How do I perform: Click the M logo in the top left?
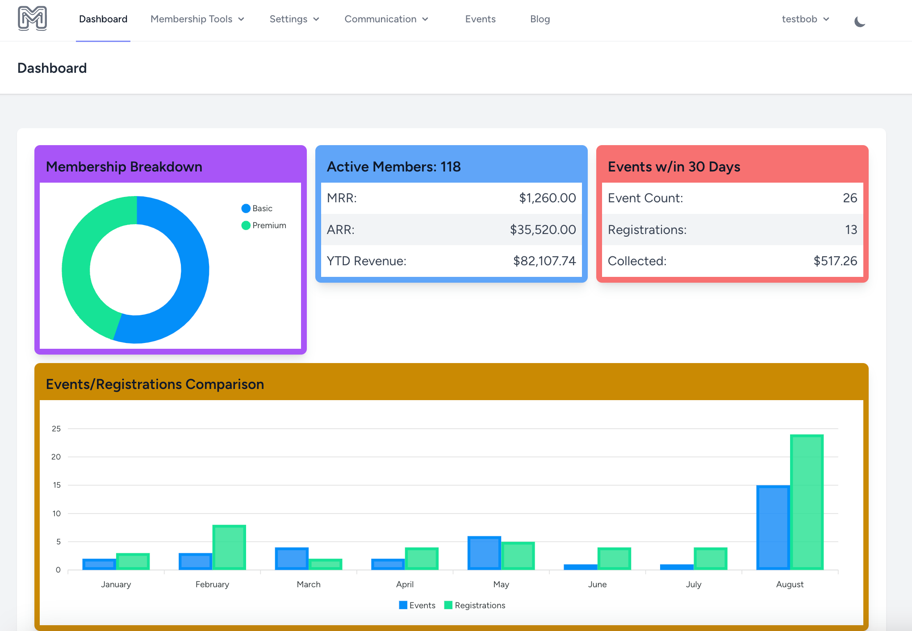click(32, 19)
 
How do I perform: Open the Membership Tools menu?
click(197, 19)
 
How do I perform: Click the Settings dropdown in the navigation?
click(294, 19)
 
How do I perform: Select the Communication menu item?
click(386, 19)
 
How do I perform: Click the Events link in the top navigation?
click(480, 19)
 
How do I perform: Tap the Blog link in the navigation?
click(540, 19)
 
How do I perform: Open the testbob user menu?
click(805, 19)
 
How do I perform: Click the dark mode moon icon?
click(859, 21)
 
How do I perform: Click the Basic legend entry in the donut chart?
click(257, 209)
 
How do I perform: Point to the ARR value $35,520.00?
click(543, 230)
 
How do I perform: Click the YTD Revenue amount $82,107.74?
click(544, 261)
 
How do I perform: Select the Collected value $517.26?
click(835, 261)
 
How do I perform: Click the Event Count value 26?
click(849, 198)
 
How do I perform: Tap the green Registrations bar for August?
click(807, 502)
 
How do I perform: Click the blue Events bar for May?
click(484, 553)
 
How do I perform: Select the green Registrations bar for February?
click(229, 547)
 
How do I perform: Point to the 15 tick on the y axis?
click(57, 485)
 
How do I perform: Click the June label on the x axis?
click(597, 584)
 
